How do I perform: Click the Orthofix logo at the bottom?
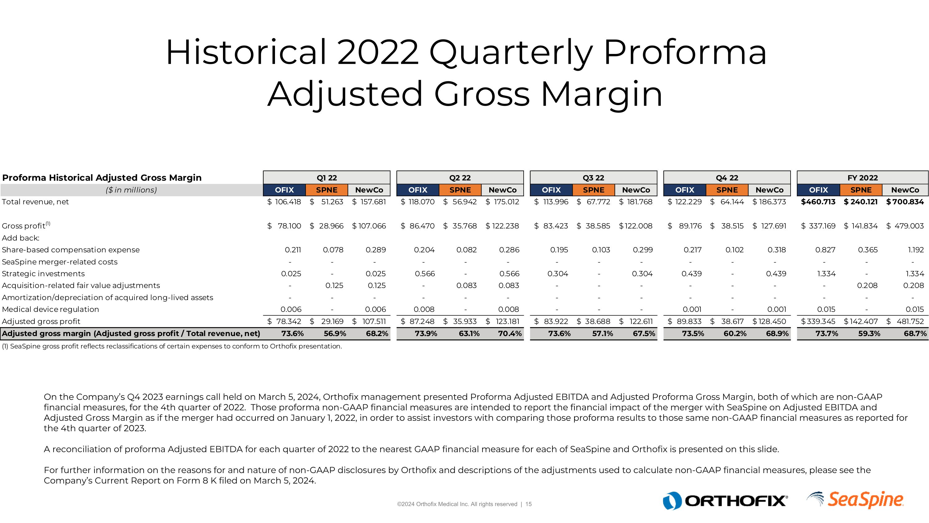tap(725, 501)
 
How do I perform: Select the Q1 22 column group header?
tap(326, 178)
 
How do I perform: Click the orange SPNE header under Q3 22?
tap(593, 190)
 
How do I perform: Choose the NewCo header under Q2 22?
tap(502, 190)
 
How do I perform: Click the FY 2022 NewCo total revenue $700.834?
tap(905, 202)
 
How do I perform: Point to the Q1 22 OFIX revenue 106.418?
tap(287, 202)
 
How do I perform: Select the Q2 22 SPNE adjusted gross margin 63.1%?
tap(469, 334)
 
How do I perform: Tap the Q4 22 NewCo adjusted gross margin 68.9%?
tap(777, 334)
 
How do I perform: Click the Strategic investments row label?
tap(43, 274)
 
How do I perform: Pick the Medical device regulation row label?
tap(50, 309)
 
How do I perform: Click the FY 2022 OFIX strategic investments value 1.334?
tap(826, 274)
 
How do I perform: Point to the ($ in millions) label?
tap(131, 190)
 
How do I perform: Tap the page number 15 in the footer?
tap(528, 504)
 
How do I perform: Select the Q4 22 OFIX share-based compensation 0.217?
tap(692, 250)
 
